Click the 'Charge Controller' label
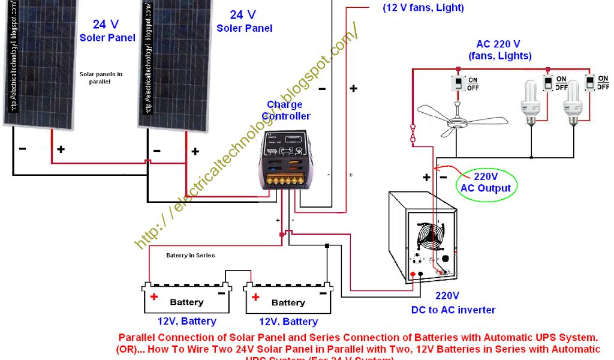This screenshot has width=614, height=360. [x=285, y=110]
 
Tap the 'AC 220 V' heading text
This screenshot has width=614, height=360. [x=498, y=44]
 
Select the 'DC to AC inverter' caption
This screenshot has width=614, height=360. [x=453, y=310]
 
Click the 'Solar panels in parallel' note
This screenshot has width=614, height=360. [x=101, y=78]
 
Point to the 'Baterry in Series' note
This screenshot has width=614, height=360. [x=190, y=255]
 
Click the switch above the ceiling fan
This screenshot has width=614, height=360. [x=458, y=83]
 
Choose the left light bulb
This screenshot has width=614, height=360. [x=530, y=102]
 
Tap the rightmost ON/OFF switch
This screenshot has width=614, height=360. [x=591, y=82]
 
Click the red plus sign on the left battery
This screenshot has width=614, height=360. [x=154, y=296]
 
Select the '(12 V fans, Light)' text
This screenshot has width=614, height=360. [x=423, y=8]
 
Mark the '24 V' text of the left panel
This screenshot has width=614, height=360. [x=107, y=25]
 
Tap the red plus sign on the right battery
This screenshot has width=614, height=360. [x=256, y=296]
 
